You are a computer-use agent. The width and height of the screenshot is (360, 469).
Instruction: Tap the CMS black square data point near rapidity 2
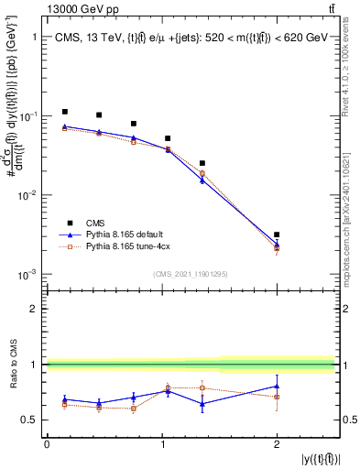[277, 234]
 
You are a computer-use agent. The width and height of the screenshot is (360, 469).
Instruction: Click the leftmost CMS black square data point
[64, 112]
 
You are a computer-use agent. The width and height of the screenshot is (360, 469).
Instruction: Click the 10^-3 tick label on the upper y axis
[26, 275]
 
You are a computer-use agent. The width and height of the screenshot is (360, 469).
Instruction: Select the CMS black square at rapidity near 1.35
[202, 163]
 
